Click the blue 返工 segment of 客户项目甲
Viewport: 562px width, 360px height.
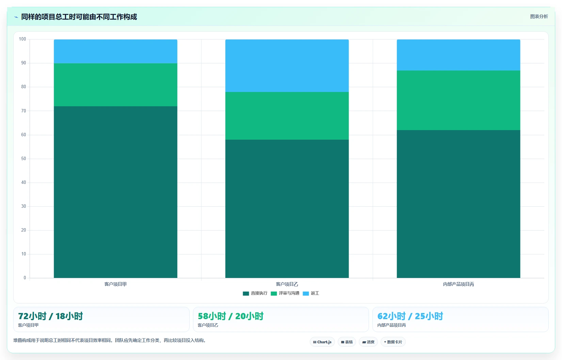coord(115,51)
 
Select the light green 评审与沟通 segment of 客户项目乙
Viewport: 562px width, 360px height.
coord(287,116)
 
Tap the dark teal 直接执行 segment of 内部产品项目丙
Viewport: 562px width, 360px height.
coord(459,204)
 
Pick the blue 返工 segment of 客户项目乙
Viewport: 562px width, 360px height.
coord(287,66)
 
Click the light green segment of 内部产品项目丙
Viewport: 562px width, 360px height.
coord(459,100)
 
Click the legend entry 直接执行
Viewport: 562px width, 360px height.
coord(255,293)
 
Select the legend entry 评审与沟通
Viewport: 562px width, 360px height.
coord(285,293)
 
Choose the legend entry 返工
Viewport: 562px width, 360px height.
coord(311,293)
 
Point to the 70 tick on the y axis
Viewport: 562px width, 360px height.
coord(23,111)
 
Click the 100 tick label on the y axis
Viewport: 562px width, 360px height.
coord(22,39)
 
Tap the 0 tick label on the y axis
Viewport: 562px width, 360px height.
coord(25,278)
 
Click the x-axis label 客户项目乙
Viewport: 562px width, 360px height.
coord(287,284)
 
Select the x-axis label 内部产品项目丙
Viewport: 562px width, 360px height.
coord(459,284)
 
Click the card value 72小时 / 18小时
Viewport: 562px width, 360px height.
coord(50,316)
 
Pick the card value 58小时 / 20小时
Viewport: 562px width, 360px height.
coord(230,316)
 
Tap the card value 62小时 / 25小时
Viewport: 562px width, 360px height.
coord(410,316)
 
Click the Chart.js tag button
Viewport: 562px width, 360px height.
coord(322,342)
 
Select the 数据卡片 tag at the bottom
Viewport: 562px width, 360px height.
coord(393,342)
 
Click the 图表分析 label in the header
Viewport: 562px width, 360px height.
coord(539,17)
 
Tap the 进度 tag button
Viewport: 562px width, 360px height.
coord(368,342)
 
